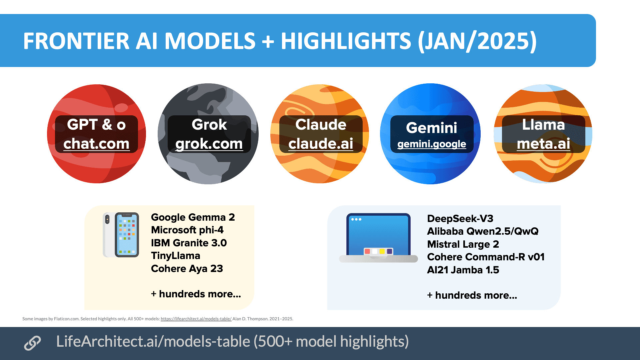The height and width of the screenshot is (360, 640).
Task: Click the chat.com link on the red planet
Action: point(96,144)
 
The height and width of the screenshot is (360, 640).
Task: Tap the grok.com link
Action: point(209,144)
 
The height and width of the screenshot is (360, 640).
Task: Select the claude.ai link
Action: point(321,144)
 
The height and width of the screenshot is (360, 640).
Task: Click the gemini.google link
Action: point(432,144)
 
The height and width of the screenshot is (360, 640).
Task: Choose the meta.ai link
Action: point(543,144)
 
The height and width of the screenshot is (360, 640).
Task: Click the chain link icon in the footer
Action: point(32,343)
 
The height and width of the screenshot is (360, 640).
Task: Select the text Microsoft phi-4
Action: point(187,230)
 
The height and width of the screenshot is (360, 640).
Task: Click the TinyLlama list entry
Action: point(175,256)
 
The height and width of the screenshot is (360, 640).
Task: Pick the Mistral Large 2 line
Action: point(463,244)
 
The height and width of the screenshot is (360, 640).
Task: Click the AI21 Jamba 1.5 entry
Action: point(463,270)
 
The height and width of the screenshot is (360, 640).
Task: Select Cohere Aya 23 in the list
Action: point(187,269)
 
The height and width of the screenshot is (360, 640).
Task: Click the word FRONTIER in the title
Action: point(76,41)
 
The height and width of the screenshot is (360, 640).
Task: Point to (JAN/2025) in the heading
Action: point(477,41)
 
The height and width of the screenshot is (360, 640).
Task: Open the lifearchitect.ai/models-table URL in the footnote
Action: point(196,319)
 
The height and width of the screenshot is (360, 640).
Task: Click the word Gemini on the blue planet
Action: point(432,128)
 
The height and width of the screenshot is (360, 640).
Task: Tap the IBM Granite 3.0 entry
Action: point(189,243)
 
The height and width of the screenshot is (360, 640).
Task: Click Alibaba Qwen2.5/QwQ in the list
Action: point(483,231)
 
